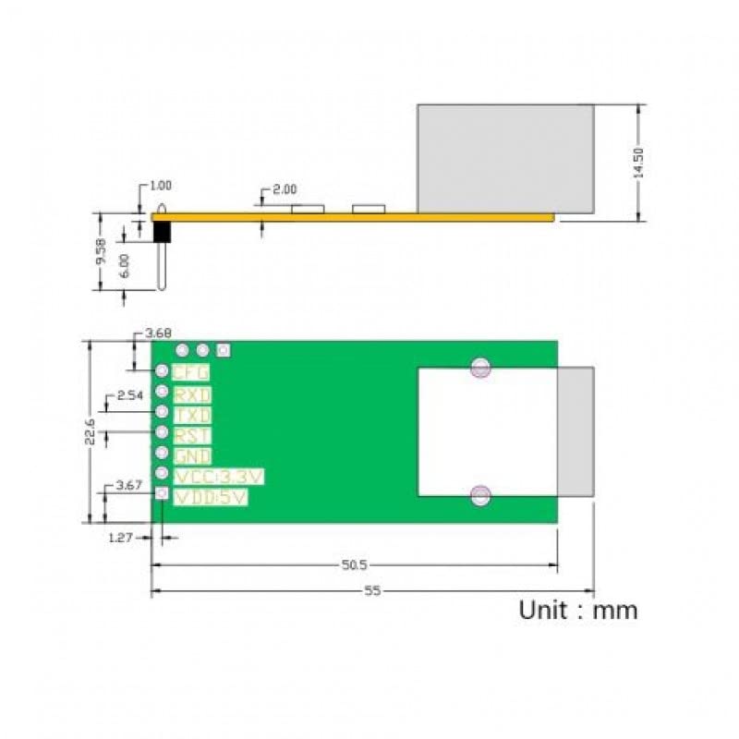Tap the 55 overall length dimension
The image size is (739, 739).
pyautogui.click(x=372, y=592)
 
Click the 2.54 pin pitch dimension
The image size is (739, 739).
pyautogui.click(x=129, y=396)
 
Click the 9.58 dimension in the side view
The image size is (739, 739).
pyautogui.click(x=102, y=251)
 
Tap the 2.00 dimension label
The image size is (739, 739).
pyautogui.click(x=285, y=189)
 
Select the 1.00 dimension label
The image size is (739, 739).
pyautogui.click(x=161, y=186)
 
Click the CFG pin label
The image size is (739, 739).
pyautogui.click(x=191, y=372)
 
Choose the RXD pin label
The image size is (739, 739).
pyautogui.click(x=192, y=394)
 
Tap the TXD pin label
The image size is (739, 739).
pyautogui.click(x=192, y=416)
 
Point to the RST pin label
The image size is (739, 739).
pyautogui.click(x=192, y=435)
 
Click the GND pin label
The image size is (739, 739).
pyautogui.click(x=192, y=456)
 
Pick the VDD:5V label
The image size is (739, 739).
pyautogui.click(x=212, y=497)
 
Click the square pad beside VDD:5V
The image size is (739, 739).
pyautogui.click(x=161, y=495)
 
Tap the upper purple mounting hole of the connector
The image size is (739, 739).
pyautogui.click(x=479, y=368)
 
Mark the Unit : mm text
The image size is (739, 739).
pyautogui.click(x=577, y=610)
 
